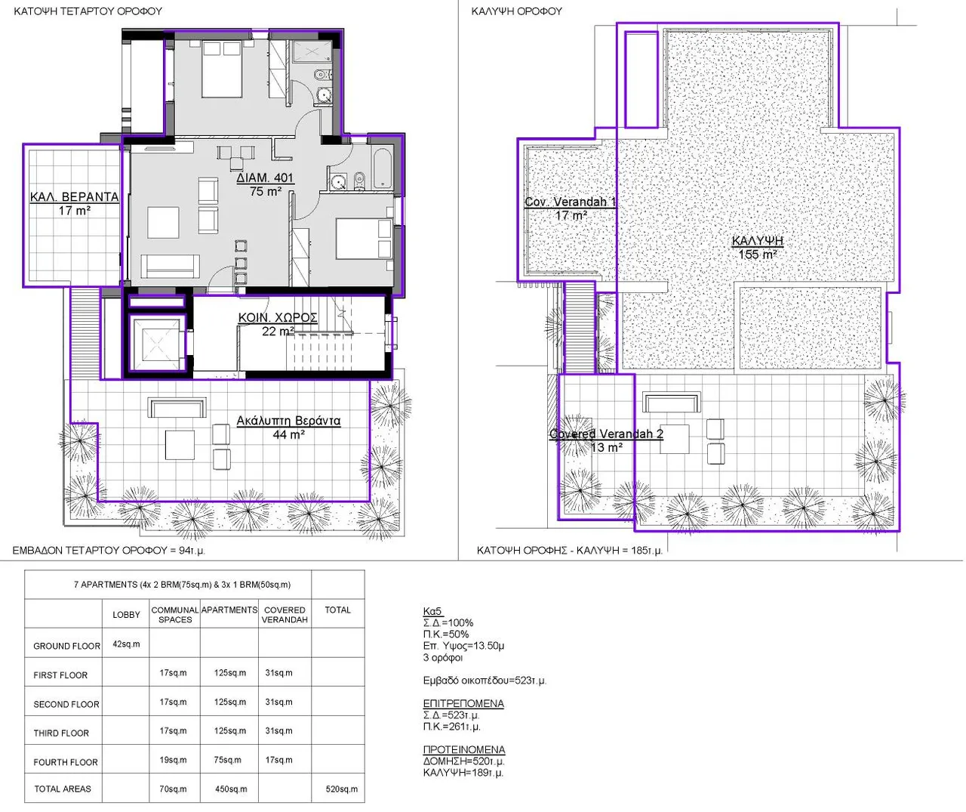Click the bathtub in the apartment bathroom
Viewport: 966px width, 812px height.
(383, 168)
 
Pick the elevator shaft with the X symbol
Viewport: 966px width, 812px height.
(156, 343)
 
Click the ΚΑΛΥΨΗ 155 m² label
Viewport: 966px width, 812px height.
(758, 248)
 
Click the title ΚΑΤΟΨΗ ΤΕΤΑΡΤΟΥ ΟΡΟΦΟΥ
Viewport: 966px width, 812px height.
(88, 11)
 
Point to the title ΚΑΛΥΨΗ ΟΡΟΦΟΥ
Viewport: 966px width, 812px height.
(517, 11)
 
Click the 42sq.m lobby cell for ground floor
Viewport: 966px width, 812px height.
(126, 644)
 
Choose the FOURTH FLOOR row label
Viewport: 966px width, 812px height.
(66, 762)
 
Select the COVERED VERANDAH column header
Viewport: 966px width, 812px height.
(285, 615)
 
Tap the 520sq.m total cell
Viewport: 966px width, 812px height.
(341, 789)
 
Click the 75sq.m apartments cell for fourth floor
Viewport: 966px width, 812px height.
(228, 760)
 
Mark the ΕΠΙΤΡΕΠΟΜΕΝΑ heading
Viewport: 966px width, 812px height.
(463, 704)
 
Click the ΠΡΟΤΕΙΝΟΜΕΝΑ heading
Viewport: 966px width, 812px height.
(464, 750)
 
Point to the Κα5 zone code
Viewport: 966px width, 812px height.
(432, 611)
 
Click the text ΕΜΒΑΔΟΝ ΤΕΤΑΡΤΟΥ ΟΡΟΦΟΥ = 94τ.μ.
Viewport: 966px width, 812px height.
(109, 551)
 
